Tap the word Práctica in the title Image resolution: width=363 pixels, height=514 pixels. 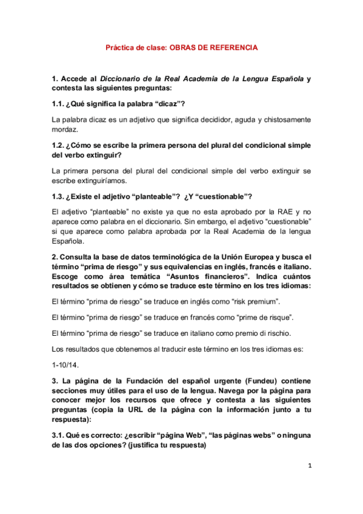[x=121, y=47]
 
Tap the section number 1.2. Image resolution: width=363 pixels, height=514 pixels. [x=59, y=145]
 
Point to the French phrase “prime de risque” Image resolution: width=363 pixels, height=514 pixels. [x=257, y=316]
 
